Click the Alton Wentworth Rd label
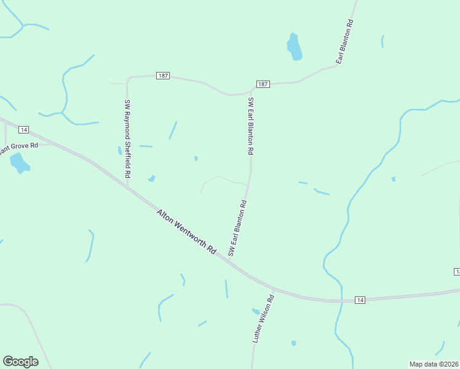(186, 232)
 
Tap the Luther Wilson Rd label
(263, 317)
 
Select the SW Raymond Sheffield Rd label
(127, 138)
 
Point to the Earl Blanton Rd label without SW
(344, 42)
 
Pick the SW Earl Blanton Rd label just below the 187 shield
(250, 125)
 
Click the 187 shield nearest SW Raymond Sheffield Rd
(162, 76)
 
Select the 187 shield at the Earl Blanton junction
(263, 84)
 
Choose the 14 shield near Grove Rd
(23, 129)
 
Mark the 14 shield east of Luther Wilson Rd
(360, 300)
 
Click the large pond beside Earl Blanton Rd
(295, 47)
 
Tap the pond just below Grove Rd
(19, 164)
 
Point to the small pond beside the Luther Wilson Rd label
(255, 311)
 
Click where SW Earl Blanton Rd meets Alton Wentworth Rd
(229, 261)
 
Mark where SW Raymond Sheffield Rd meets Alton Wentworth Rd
(128, 186)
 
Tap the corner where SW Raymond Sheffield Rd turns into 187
(128, 78)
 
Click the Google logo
(20, 362)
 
